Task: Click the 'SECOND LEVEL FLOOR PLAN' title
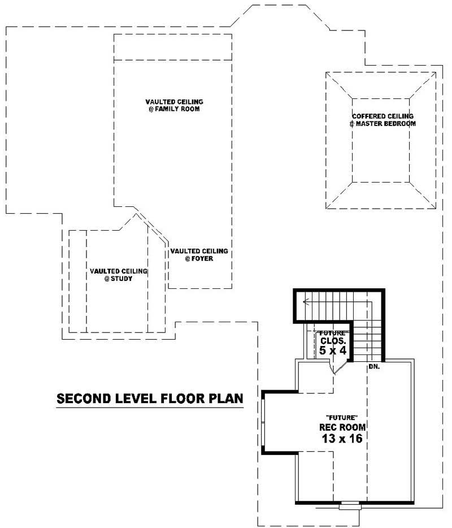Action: [150, 399]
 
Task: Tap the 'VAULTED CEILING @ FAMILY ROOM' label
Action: [174, 105]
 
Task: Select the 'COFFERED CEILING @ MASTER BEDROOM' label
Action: [383, 120]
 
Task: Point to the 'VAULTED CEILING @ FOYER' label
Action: [199, 254]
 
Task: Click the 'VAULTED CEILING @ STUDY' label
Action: [119, 275]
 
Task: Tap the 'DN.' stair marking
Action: [373, 367]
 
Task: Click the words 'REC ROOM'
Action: [342, 427]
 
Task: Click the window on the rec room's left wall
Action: [263, 421]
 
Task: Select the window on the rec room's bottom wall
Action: [349, 505]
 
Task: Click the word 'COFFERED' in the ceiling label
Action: [368, 116]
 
